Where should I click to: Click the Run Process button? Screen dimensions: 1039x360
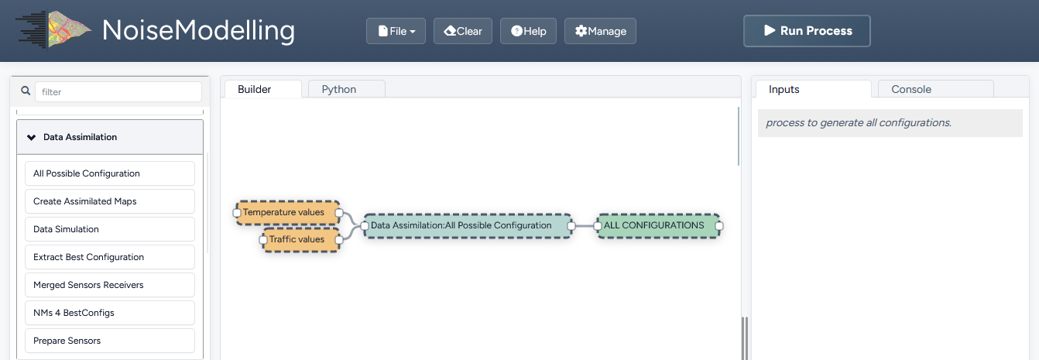coord(807,31)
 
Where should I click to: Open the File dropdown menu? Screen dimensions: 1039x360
coord(396,31)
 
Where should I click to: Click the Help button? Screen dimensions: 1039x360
coord(528,31)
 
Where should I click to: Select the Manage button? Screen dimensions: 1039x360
coord(600,31)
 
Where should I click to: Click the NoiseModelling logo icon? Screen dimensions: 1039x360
coord(53,29)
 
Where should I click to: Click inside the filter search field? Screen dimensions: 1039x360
coord(118,92)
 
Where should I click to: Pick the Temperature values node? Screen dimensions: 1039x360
coord(287,212)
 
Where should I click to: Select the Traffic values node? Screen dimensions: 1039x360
coord(301,239)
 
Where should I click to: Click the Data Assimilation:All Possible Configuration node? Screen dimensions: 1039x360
coord(468,226)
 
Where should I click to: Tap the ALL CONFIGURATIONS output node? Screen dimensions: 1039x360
coord(658,226)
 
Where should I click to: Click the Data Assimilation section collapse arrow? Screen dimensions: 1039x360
coord(32,137)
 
